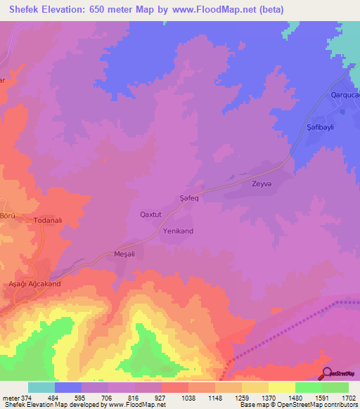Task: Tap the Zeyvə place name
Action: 262,184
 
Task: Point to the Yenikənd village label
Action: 178,231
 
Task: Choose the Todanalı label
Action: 49,221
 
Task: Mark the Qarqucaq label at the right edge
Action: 345,95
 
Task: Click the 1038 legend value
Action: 188,398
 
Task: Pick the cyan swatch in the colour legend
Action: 41,387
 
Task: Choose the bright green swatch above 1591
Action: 308,387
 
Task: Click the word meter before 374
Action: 10,398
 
